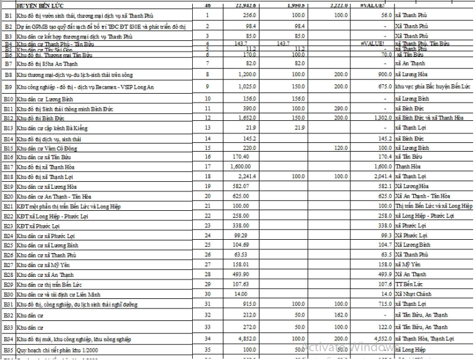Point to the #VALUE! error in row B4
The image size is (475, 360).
click(x=372, y=43)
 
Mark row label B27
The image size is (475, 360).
click(x=8, y=265)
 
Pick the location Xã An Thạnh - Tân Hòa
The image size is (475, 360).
click(x=424, y=196)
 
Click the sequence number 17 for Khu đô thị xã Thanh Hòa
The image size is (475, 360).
click(x=207, y=167)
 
